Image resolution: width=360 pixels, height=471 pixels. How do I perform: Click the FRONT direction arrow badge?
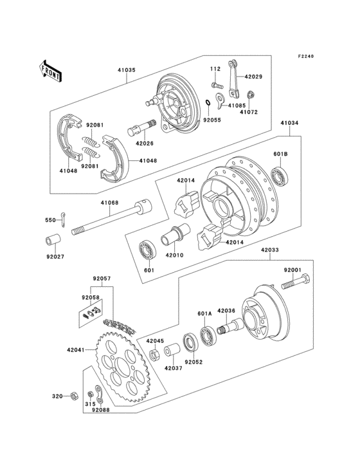pos(51,70)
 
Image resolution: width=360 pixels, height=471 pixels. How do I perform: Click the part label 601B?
pos(280,154)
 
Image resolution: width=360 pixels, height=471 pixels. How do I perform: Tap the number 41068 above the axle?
pos(109,203)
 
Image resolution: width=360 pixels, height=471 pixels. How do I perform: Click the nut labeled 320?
pos(73,397)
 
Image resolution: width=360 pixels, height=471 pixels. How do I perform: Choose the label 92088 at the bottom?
pos(100,409)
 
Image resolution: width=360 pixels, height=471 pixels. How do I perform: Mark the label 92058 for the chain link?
pos(90,299)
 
